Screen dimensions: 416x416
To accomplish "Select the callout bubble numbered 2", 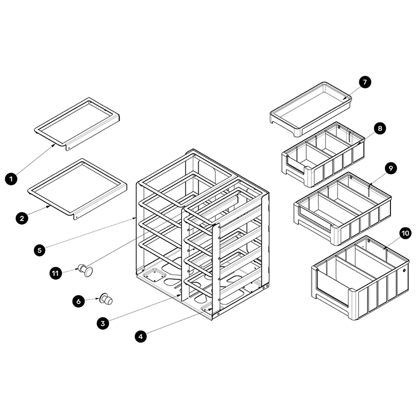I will click(x=22, y=218).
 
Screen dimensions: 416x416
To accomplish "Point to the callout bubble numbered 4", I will click(x=141, y=336).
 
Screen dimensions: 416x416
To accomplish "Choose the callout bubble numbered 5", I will click(x=40, y=250).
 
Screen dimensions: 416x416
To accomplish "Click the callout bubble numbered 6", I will click(x=79, y=301).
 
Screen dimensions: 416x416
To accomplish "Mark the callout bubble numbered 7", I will click(x=365, y=82).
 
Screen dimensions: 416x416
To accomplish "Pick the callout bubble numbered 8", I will click(x=379, y=128).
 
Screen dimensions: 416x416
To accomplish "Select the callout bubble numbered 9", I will click(x=390, y=167).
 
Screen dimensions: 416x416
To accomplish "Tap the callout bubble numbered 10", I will click(x=406, y=233).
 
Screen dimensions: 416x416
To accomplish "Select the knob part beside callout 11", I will click(x=86, y=270).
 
